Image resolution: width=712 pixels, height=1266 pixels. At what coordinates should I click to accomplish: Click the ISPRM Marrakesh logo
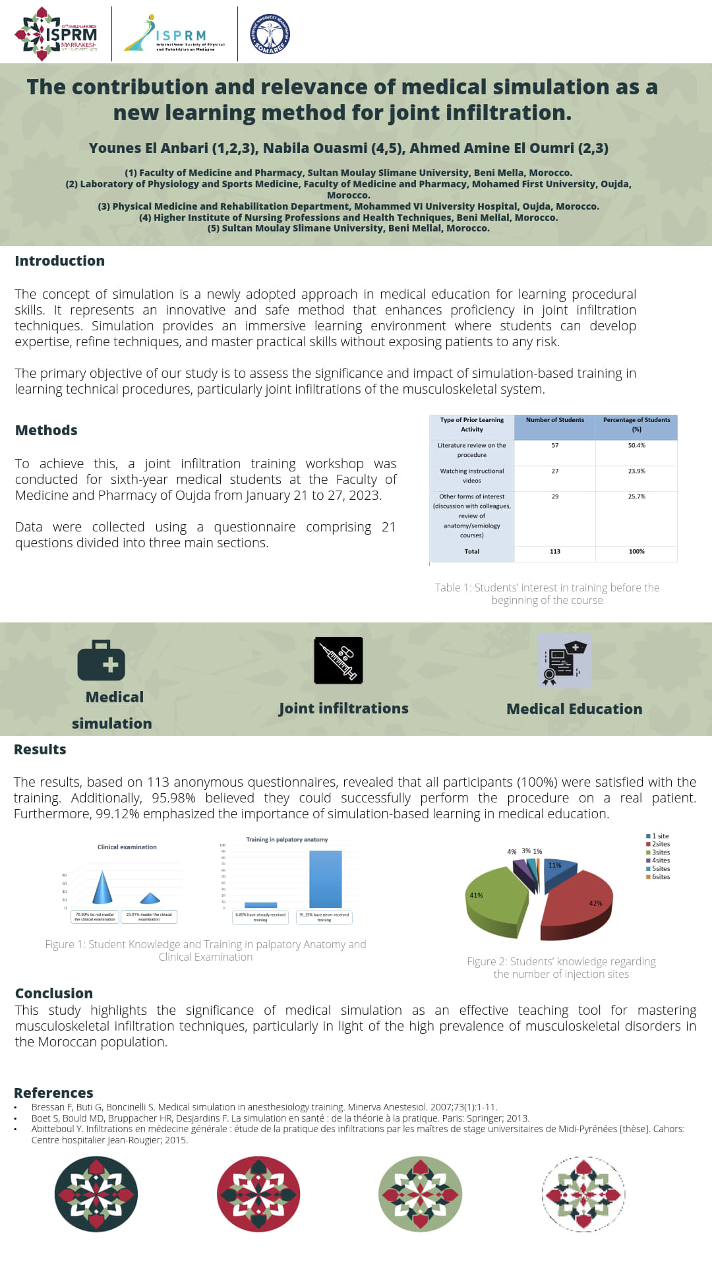click(57, 34)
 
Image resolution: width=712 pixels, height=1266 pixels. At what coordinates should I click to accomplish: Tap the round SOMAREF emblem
click(270, 34)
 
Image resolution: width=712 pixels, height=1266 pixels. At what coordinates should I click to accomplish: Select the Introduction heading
click(60, 261)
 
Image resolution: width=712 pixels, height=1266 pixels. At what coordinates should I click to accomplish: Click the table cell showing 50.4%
click(636, 446)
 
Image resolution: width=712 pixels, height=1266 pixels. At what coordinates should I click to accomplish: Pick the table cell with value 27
click(555, 471)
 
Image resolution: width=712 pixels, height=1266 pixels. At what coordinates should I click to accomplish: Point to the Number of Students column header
click(555, 420)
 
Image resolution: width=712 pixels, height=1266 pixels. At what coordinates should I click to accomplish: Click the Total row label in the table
click(472, 552)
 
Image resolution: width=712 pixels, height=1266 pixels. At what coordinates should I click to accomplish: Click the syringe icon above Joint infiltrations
click(339, 661)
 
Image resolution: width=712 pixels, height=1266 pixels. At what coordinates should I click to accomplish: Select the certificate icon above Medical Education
click(564, 661)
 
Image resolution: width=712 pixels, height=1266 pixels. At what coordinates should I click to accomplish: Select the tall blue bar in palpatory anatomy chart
click(326, 880)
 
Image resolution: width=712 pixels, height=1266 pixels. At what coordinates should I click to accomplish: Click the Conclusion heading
click(54, 994)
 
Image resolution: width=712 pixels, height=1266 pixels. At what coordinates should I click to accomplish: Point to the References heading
click(53, 1093)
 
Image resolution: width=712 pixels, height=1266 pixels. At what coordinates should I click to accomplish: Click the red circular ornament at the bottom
click(258, 1194)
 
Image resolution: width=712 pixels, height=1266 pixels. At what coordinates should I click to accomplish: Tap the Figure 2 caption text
click(561, 968)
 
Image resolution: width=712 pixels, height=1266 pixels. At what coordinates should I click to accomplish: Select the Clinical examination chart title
click(127, 847)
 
